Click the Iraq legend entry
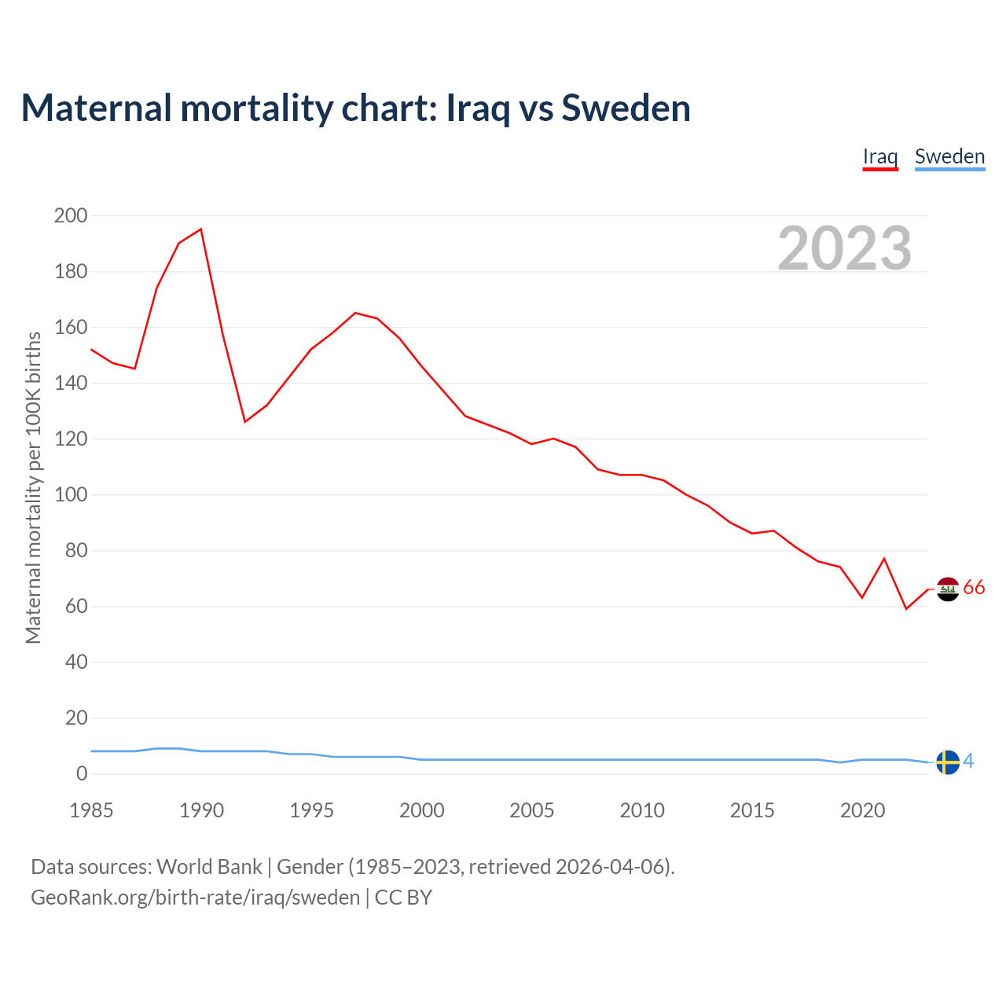(x=880, y=156)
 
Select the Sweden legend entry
(x=949, y=156)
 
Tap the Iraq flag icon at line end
(x=949, y=589)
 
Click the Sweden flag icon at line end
(x=949, y=762)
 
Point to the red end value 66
(x=974, y=588)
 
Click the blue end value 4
(x=968, y=761)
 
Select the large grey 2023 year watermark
(x=845, y=248)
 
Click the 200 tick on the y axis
(x=71, y=215)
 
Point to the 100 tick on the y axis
(x=71, y=495)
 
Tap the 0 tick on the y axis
(x=82, y=774)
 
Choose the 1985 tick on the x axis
(x=91, y=810)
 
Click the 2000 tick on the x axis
(x=422, y=810)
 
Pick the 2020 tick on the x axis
(x=863, y=810)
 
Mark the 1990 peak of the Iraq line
(x=201, y=229)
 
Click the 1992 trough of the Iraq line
(x=245, y=422)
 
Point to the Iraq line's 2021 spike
(x=884, y=559)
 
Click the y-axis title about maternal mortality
(x=33, y=487)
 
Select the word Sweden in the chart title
(x=626, y=108)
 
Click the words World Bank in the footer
(x=209, y=867)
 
